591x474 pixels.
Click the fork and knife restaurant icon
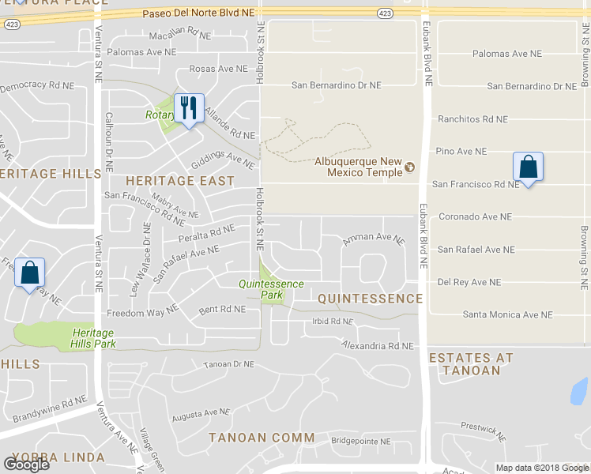pos(188,107)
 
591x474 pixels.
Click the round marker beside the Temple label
pos(409,167)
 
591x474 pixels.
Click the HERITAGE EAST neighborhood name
pos(180,181)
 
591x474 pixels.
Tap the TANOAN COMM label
pos(262,438)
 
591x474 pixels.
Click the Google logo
pos(26,465)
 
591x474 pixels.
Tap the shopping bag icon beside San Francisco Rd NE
pos(528,167)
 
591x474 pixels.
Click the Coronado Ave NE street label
pos(475,216)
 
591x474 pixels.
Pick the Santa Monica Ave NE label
pos(507,314)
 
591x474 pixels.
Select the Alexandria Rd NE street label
pos(378,346)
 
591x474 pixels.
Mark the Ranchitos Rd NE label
pos(472,119)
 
